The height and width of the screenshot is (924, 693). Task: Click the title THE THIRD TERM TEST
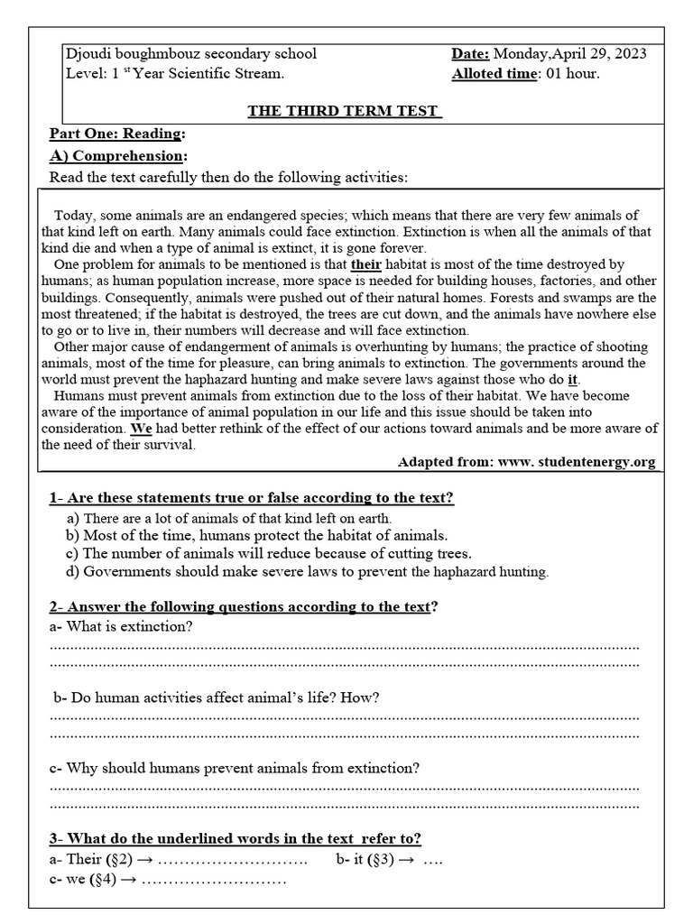pyautogui.click(x=344, y=111)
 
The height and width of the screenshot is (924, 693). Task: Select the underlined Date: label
pyautogui.click(x=470, y=54)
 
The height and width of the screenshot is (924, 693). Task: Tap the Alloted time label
pyautogui.click(x=493, y=74)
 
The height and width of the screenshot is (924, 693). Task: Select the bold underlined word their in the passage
pyautogui.click(x=367, y=264)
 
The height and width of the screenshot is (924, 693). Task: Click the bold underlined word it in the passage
pyautogui.click(x=572, y=380)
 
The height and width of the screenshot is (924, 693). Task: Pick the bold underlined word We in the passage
pyautogui.click(x=141, y=429)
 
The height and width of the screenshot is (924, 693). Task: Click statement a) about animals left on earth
pyautogui.click(x=229, y=518)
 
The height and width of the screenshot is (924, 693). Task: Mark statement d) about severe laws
pyautogui.click(x=308, y=571)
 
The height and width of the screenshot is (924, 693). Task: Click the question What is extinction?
pyautogui.click(x=121, y=627)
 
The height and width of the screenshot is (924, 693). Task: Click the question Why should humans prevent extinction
pyautogui.click(x=235, y=768)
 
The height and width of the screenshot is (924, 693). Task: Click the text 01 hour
pyautogui.click(x=570, y=74)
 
